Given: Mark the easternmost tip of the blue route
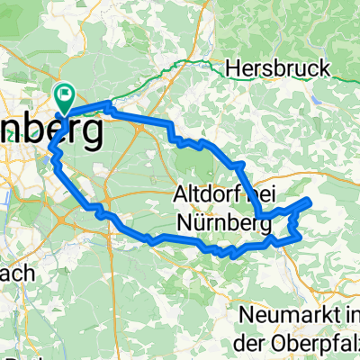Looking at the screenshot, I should point(310,201).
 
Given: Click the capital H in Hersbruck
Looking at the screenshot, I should point(233,68).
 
